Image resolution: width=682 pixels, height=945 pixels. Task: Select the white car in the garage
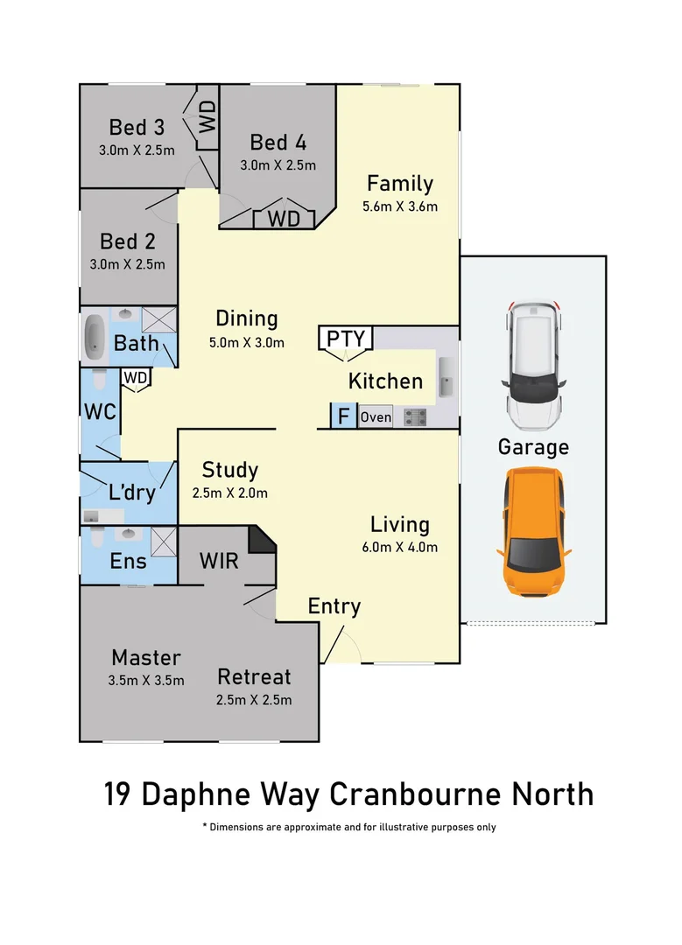click(533, 364)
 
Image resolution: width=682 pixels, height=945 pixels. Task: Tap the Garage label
click(533, 447)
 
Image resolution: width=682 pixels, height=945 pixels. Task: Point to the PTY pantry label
click(346, 338)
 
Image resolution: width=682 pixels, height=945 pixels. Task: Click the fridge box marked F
click(342, 416)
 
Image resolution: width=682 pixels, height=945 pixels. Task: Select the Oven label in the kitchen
click(376, 417)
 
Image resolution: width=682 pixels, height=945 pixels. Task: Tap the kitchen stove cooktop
click(415, 417)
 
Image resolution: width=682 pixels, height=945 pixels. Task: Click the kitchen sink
click(446, 375)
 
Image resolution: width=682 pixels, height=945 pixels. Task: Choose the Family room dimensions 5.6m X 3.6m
click(399, 207)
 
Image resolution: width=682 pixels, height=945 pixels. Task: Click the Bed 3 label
click(137, 128)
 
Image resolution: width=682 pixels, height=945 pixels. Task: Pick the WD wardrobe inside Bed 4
click(283, 217)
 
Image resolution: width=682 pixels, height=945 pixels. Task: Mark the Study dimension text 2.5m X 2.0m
click(229, 493)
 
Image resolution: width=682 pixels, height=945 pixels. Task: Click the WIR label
click(218, 560)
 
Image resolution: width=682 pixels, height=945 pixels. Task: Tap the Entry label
click(334, 606)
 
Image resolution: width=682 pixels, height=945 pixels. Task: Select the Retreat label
click(254, 676)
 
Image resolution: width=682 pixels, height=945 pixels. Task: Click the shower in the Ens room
click(163, 542)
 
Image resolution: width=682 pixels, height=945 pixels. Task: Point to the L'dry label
click(131, 493)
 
